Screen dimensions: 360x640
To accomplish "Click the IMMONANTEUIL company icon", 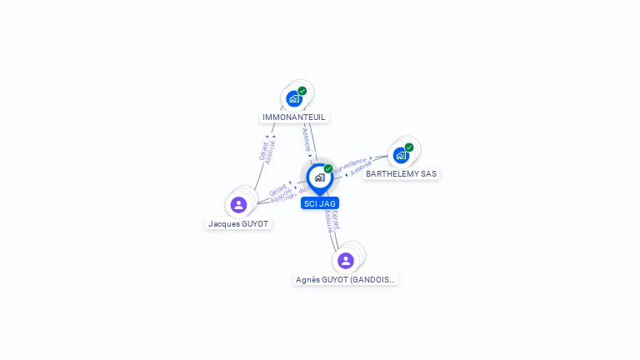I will point(293,98).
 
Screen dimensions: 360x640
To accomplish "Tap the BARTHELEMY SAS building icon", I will point(401,155).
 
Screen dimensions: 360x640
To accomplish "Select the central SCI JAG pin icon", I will point(319,177).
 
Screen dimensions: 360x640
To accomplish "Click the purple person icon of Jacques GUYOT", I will point(238,204).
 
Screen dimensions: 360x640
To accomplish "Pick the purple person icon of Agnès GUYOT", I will point(346,260).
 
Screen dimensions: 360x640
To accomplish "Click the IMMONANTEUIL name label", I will point(294,117).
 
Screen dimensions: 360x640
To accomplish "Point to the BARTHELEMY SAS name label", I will point(401,174).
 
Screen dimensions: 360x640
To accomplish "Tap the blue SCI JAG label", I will point(320,203).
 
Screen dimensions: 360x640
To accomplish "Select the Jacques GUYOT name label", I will point(239,224).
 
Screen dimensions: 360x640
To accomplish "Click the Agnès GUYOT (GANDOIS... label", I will point(346,280).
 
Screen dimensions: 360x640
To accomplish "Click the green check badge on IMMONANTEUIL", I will point(302,91).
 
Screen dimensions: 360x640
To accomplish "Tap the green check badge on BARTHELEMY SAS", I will point(409,147).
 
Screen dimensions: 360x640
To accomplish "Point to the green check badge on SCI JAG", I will point(328,169).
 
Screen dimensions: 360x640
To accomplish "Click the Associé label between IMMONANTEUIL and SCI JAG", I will point(306,138).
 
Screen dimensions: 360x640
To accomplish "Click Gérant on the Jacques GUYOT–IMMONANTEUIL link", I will point(262,151).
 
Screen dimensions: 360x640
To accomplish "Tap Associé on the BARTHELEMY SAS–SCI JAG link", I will point(361,169).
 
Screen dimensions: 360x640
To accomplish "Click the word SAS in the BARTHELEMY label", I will point(428,174).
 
